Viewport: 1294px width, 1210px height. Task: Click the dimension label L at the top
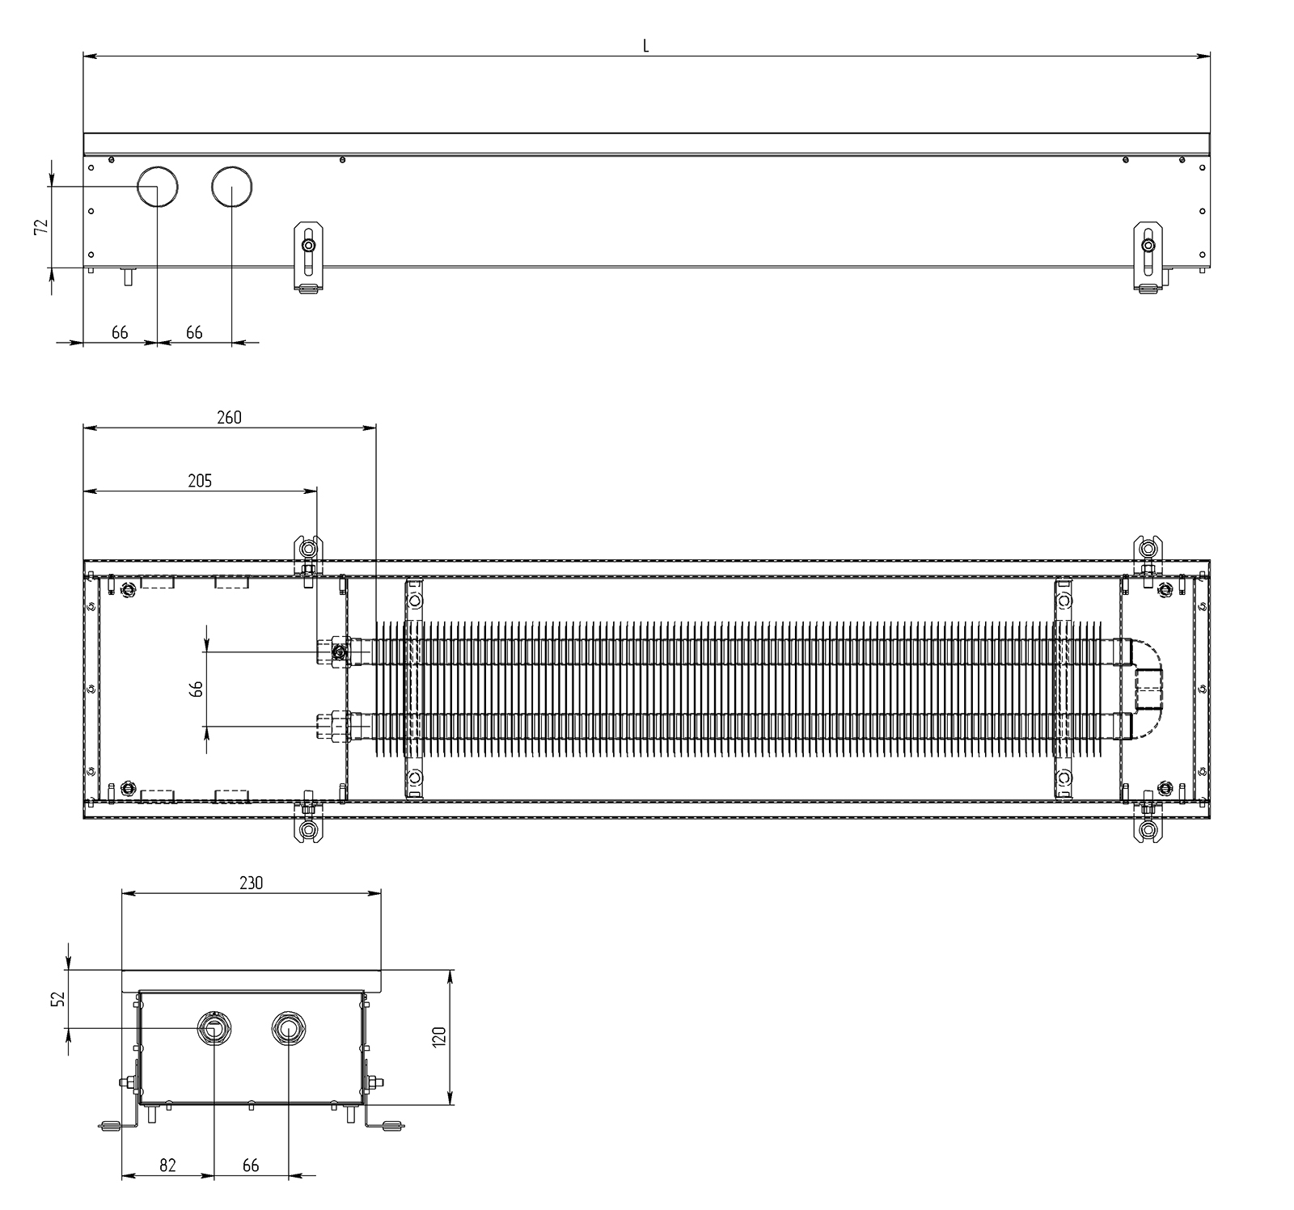click(x=645, y=46)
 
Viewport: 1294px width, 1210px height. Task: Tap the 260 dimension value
click(x=229, y=417)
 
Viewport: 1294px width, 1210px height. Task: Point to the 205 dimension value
click(x=199, y=481)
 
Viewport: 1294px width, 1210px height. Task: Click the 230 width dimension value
click(x=251, y=883)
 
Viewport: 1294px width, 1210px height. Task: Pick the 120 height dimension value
click(x=439, y=1037)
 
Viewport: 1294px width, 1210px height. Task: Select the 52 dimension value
click(x=57, y=999)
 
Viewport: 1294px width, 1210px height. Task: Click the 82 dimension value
click(x=167, y=1165)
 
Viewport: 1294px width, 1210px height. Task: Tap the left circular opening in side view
click(x=157, y=187)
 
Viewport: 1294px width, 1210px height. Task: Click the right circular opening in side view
click(x=232, y=187)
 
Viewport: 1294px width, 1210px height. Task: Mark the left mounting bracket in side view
click(x=307, y=257)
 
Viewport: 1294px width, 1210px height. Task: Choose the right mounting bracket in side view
click(x=1148, y=257)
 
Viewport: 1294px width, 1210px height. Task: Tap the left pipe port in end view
click(x=214, y=1029)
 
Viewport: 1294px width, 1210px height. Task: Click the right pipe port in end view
click(x=287, y=1029)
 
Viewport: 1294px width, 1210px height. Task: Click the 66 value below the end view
click(x=251, y=1165)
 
